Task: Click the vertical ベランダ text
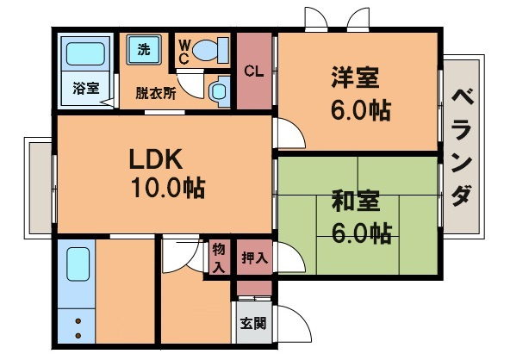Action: [462, 146]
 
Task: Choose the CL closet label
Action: [253, 71]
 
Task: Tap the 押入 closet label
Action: [253, 257]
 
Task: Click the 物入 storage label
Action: [218, 258]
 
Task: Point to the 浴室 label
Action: [84, 89]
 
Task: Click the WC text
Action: [183, 52]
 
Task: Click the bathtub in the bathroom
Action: [84, 55]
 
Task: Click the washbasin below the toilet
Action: [218, 89]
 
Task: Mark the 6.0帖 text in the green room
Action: [362, 232]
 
